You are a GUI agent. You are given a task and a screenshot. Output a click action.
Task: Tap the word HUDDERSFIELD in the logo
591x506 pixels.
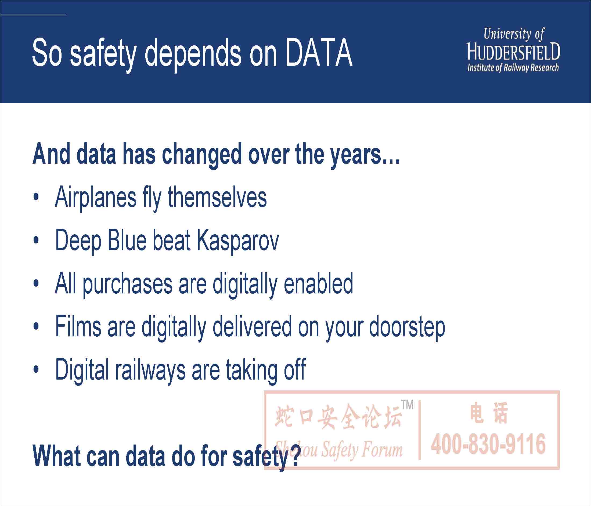(513, 52)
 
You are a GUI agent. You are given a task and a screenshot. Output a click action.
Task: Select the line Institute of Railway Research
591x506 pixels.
(513, 68)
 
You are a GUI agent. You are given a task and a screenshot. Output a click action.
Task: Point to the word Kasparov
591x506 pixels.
(237, 241)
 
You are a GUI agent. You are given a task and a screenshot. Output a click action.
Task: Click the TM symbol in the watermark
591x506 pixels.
(407, 405)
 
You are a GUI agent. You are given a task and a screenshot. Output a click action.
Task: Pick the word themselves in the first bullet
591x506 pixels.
(217, 197)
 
